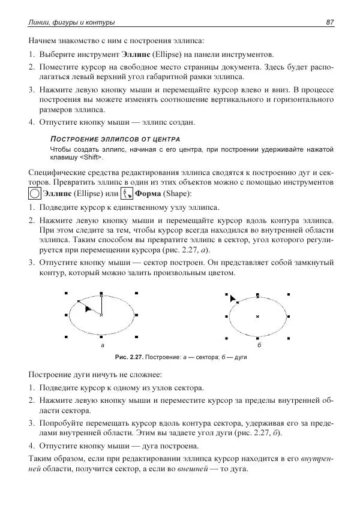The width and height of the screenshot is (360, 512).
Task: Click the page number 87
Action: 329,22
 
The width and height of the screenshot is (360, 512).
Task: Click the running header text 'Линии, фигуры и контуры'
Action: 72,22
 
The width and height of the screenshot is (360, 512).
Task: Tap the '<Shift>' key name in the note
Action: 91,157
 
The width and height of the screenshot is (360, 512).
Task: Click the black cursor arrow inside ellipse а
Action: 88,309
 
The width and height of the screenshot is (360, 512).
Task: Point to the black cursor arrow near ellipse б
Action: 233,298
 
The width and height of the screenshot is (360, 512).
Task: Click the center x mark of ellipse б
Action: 257,316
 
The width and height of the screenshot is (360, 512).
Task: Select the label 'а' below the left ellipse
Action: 102,346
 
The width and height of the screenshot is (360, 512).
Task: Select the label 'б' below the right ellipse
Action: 258,346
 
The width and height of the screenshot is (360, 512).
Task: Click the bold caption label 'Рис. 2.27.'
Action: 132,357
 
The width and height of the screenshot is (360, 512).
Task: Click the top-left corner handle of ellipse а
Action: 65,293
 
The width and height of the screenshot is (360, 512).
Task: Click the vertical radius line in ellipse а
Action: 101,306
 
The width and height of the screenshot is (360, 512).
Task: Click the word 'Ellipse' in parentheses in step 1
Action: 167,54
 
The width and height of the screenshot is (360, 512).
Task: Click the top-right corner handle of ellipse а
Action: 137,293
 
